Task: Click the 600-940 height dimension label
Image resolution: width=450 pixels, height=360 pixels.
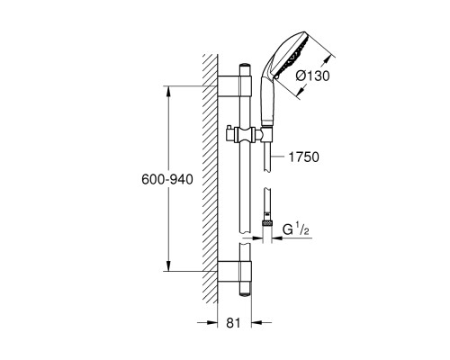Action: tap(167, 179)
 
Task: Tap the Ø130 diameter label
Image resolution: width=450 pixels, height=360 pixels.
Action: tap(312, 76)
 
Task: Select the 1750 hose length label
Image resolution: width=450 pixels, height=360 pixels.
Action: tap(303, 157)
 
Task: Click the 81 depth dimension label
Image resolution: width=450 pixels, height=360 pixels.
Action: tap(233, 323)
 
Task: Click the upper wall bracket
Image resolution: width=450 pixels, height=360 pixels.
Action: tap(234, 86)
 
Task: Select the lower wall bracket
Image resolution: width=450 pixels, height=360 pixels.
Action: tap(234, 272)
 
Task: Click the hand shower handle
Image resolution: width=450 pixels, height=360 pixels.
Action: tap(266, 101)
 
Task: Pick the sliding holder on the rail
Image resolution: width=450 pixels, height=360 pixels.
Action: tap(245, 136)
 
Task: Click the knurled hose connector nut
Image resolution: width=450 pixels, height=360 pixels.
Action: tap(267, 223)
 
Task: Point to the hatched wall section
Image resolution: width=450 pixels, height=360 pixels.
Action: tap(210, 179)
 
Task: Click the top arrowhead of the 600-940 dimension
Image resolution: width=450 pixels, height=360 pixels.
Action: tap(168, 91)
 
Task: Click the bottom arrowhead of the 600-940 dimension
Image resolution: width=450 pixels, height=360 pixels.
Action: tap(168, 266)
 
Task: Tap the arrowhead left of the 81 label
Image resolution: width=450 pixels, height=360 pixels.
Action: tap(211, 322)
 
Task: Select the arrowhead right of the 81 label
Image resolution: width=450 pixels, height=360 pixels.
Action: tap(256, 322)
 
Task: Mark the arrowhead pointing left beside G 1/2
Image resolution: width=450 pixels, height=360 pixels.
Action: tap(277, 238)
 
